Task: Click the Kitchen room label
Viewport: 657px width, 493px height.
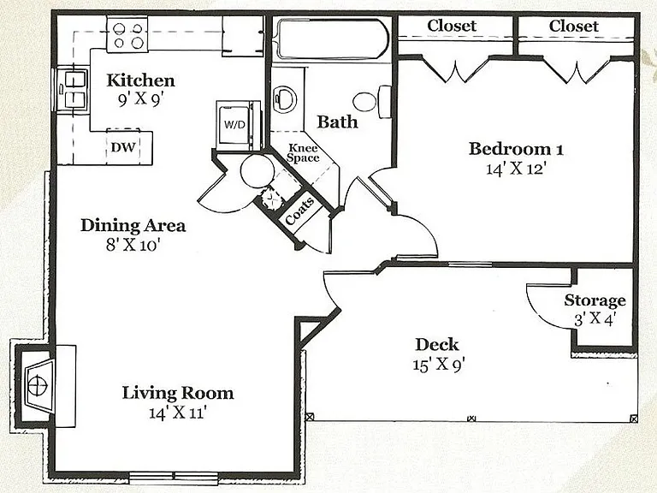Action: click(140, 80)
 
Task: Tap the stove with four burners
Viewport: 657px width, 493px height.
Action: click(127, 35)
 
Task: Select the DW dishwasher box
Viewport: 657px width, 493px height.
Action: click(123, 147)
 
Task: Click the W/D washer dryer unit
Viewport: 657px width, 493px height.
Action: click(237, 125)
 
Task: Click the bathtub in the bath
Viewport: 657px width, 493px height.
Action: click(333, 39)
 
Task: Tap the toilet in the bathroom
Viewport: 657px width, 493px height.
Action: click(371, 102)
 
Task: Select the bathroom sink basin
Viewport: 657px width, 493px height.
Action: click(285, 99)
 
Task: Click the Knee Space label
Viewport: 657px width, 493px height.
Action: click(304, 153)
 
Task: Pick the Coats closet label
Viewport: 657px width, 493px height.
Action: click(299, 211)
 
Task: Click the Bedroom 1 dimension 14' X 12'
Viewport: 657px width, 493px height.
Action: click(516, 169)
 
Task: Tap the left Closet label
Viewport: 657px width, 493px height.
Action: click(452, 26)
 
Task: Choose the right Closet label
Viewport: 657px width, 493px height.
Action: click(574, 26)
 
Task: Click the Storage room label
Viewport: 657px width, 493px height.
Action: click(595, 300)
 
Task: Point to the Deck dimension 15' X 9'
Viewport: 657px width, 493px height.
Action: click(438, 364)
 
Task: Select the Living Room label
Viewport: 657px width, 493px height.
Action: click(178, 393)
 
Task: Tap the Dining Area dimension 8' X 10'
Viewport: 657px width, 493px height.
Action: click(133, 245)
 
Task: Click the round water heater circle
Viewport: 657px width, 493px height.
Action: click(257, 171)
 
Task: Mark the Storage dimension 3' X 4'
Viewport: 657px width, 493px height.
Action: click(595, 320)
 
